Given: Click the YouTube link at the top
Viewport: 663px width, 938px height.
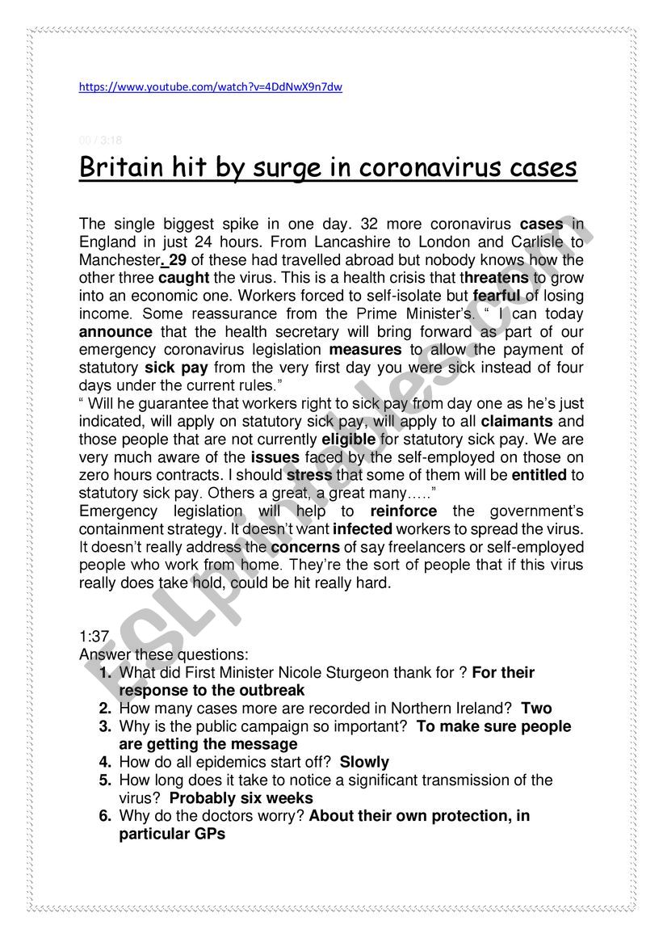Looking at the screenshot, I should [x=210, y=87].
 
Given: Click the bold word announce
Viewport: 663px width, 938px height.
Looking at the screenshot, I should [x=115, y=331].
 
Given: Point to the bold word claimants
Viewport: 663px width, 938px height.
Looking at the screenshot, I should [x=517, y=421].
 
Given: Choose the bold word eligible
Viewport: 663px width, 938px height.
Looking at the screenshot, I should [x=349, y=439].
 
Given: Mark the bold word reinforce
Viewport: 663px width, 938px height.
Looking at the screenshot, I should [x=404, y=511].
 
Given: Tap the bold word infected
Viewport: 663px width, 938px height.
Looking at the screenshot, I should [x=363, y=529].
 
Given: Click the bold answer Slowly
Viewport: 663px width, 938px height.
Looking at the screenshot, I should [x=364, y=762].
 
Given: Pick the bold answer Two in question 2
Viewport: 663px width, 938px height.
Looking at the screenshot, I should [x=536, y=709].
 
